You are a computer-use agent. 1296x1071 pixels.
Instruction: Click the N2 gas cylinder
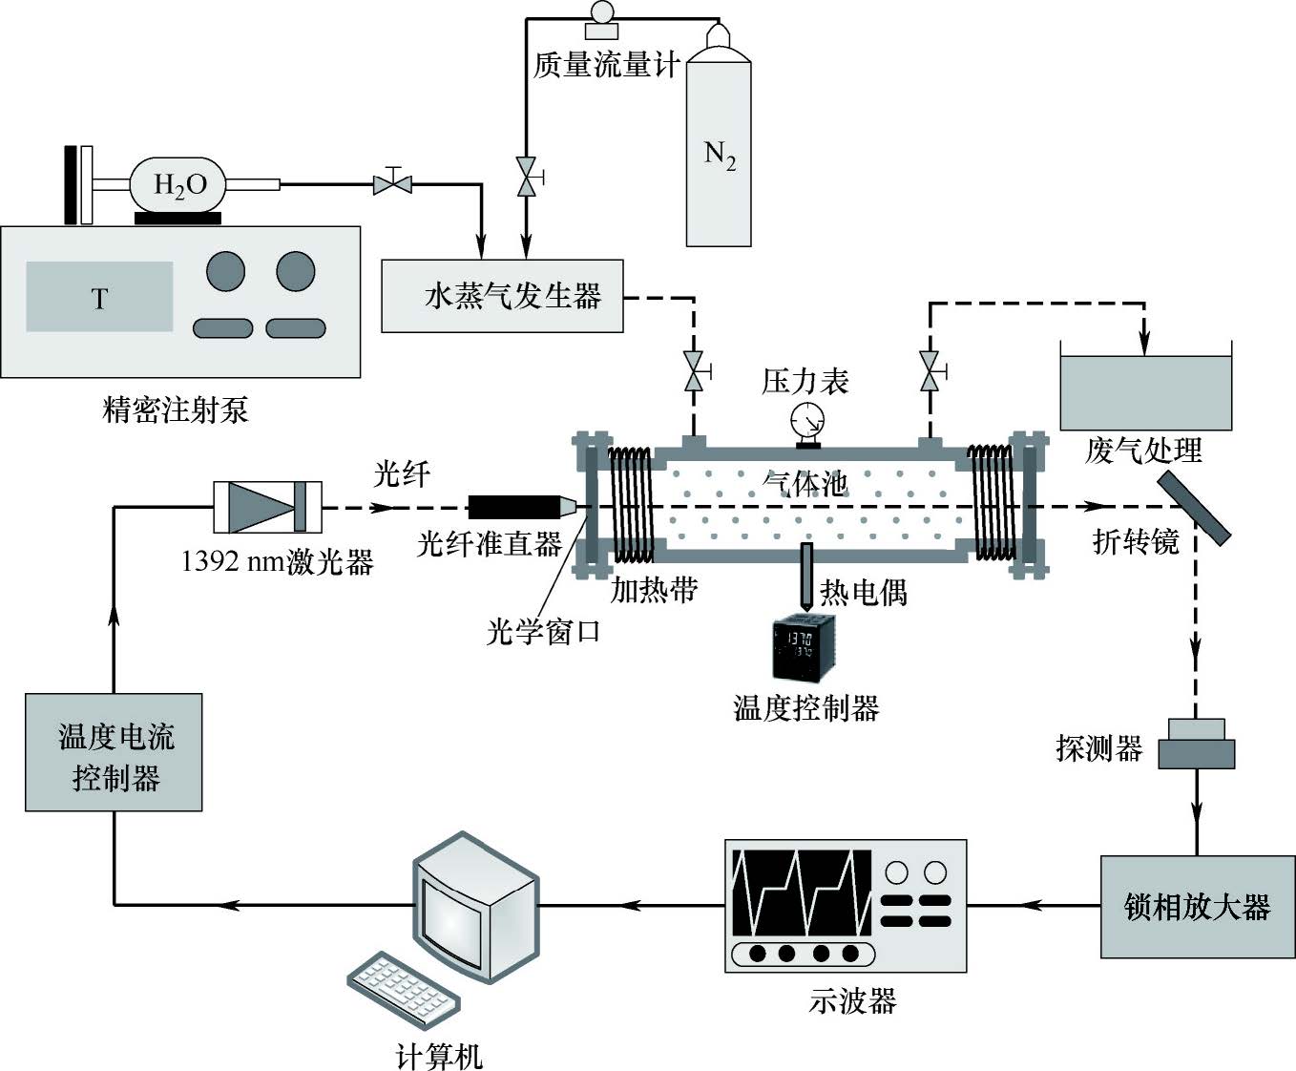[719, 153]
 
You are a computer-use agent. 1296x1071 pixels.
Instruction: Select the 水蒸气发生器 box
[502, 296]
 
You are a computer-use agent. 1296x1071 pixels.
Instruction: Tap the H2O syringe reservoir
[180, 183]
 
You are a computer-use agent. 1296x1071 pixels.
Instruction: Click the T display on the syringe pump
[99, 298]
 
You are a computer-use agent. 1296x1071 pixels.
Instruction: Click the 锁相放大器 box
[1197, 907]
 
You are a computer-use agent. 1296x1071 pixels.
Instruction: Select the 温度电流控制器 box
[114, 752]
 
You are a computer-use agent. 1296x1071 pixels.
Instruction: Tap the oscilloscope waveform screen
[802, 892]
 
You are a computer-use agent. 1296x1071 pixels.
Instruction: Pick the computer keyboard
[404, 989]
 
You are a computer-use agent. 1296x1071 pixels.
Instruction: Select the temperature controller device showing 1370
[803, 648]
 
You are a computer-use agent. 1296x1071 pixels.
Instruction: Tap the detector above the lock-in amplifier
[1197, 743]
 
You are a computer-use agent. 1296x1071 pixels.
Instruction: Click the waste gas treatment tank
[1146, 392]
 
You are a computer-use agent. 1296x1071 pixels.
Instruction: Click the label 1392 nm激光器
[277, 561]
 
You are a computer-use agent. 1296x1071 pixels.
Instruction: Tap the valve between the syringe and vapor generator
[392, 180]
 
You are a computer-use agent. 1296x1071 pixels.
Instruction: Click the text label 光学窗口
[543, 631]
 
